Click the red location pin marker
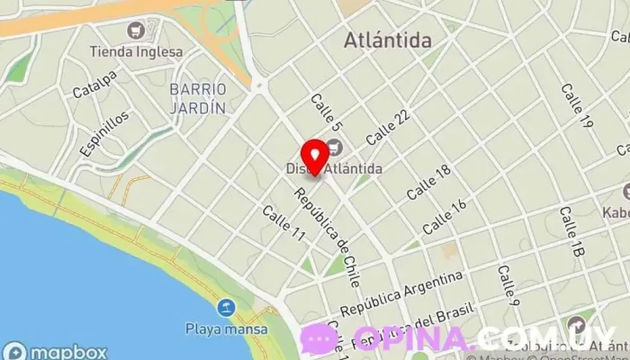[x=313, y=156]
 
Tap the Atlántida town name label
[x=388, y=40]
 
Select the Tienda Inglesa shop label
[x=136, y=51]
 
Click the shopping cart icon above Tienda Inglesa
[x=136, y=31]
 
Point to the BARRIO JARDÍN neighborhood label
[x=197, y=98]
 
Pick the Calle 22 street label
[x=388, y=128]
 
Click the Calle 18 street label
[x=427, y=183]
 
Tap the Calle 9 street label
[x=508, y=283]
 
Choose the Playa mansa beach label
[x=226, y=328]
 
